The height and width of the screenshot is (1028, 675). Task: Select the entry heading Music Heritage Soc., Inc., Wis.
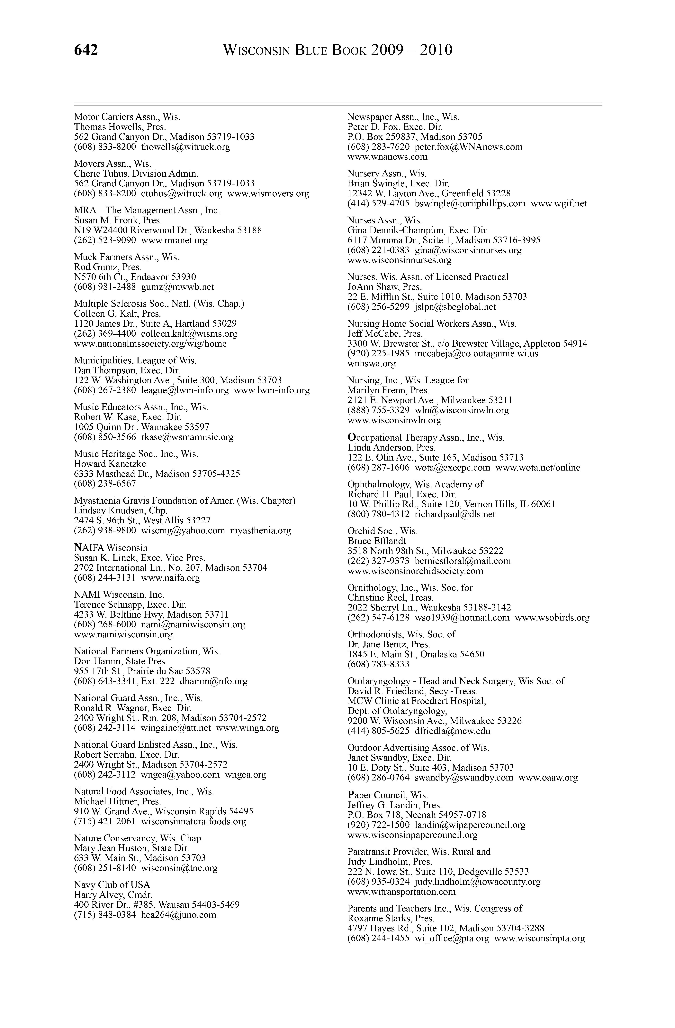tap(136, 454)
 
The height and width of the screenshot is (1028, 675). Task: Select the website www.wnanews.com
tap(387, 157)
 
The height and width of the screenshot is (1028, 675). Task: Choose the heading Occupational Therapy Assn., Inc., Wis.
tap(426, 438)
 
